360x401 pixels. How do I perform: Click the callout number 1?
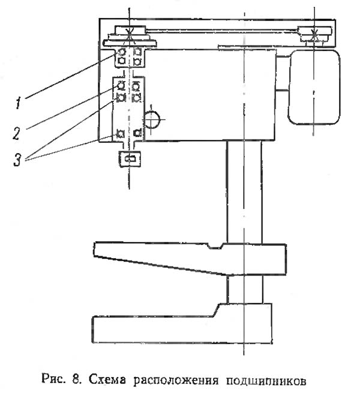(x=19, y=104)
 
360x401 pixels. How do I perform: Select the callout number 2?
(x=17, y=132)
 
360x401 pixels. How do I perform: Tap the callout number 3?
(x=18, y=160)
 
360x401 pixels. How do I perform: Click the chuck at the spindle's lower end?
(x=129, y=158)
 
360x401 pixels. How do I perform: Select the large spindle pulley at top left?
(x=128, y=39)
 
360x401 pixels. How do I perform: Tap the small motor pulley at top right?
(x=316, y=37)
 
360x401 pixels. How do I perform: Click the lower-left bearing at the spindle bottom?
(x=121, y=133)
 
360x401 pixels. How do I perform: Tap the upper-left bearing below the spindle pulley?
(x=122, y=53)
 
